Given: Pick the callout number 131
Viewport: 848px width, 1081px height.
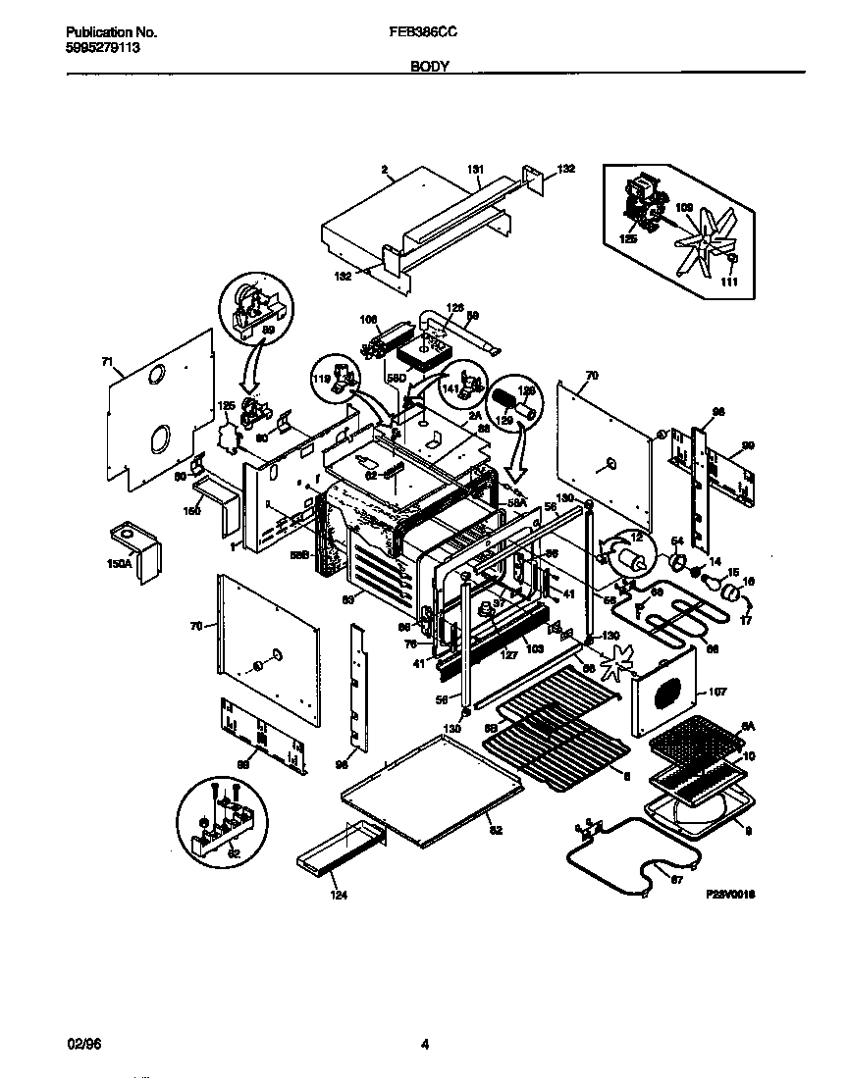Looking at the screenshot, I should (476, 170).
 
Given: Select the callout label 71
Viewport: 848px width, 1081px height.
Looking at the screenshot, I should (107, 362).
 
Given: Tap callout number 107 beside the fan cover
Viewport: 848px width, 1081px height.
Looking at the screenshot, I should (717, 693).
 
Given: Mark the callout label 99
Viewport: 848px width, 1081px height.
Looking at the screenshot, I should (748, 419).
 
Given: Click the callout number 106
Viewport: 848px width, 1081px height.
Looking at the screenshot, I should (369, 320).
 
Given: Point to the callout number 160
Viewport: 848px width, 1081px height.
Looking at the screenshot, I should (192, 511).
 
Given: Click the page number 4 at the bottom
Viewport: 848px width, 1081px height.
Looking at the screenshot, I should (424, 1044).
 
